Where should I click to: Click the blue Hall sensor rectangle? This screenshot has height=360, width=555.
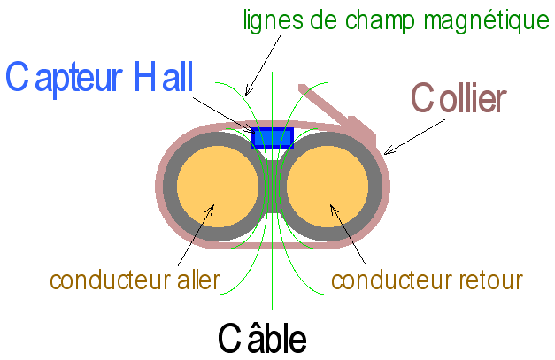coord(273,137)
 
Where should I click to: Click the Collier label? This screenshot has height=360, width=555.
coord(459,98)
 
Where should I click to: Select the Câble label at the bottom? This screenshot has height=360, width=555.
coord(263,337)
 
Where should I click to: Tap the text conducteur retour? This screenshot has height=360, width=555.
coord(427,280)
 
